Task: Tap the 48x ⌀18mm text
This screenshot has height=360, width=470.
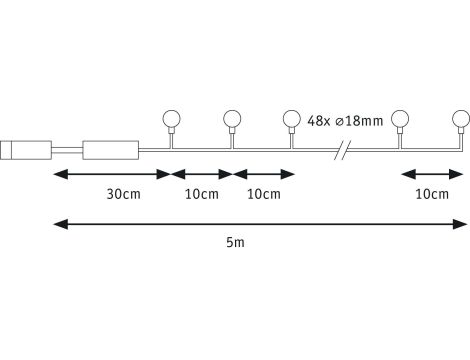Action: click(x=347, y=122)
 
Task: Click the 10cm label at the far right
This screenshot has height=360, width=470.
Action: click(x=431, y=193)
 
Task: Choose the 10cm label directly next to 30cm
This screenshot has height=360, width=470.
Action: click(x=201, y=193)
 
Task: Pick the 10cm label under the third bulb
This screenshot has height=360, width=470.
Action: click(x=262, y=193)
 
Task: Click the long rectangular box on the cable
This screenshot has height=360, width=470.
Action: click(x=112, y=151)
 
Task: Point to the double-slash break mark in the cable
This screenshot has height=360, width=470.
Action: click(x=342, y=150)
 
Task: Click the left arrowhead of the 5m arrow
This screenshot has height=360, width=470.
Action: click(x=58, y=222)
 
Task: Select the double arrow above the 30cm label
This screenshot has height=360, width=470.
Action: click(x=111, y=174)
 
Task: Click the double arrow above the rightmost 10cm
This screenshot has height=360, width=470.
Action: click(x=431, y=174)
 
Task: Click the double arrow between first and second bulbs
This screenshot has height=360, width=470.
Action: click(x=201, y=174)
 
